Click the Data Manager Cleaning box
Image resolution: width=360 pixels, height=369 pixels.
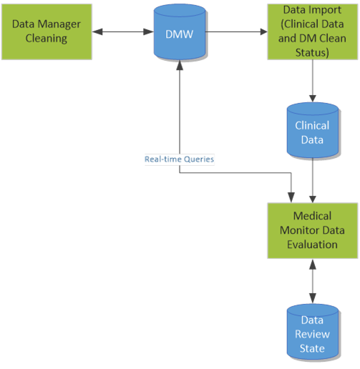pyautogui.click(x=47, y=31)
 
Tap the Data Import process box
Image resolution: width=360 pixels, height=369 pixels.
pyautogui.click(x=311, y=31)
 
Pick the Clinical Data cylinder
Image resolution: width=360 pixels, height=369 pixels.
pyautogui.click(x=312, y=132)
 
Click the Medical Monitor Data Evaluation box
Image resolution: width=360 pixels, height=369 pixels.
pyautogui.click(x=311, y=230)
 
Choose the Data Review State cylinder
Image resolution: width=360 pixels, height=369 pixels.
pyautogui.click(x=312, y=334)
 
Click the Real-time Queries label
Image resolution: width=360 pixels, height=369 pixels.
pyautogui.click(x=179, y=159)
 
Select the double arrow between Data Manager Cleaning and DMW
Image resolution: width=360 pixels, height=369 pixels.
pyautogui.click(x=119, y=31)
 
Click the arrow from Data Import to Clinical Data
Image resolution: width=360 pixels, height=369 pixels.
pyautogui.click(x=312, y=82)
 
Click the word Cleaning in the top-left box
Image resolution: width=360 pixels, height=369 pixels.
pyautogui.click(x=47, y=38)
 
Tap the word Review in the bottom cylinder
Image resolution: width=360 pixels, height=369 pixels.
pyautogui.click(x=312, y=334)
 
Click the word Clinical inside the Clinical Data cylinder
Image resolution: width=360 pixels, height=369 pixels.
pyautogui.click(x=312, y=125)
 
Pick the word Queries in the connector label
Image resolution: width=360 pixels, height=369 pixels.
pyautogui.click(x=197, y=159)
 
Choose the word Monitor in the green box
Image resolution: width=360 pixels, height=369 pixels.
pyautogui.click(x=311, y=230)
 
